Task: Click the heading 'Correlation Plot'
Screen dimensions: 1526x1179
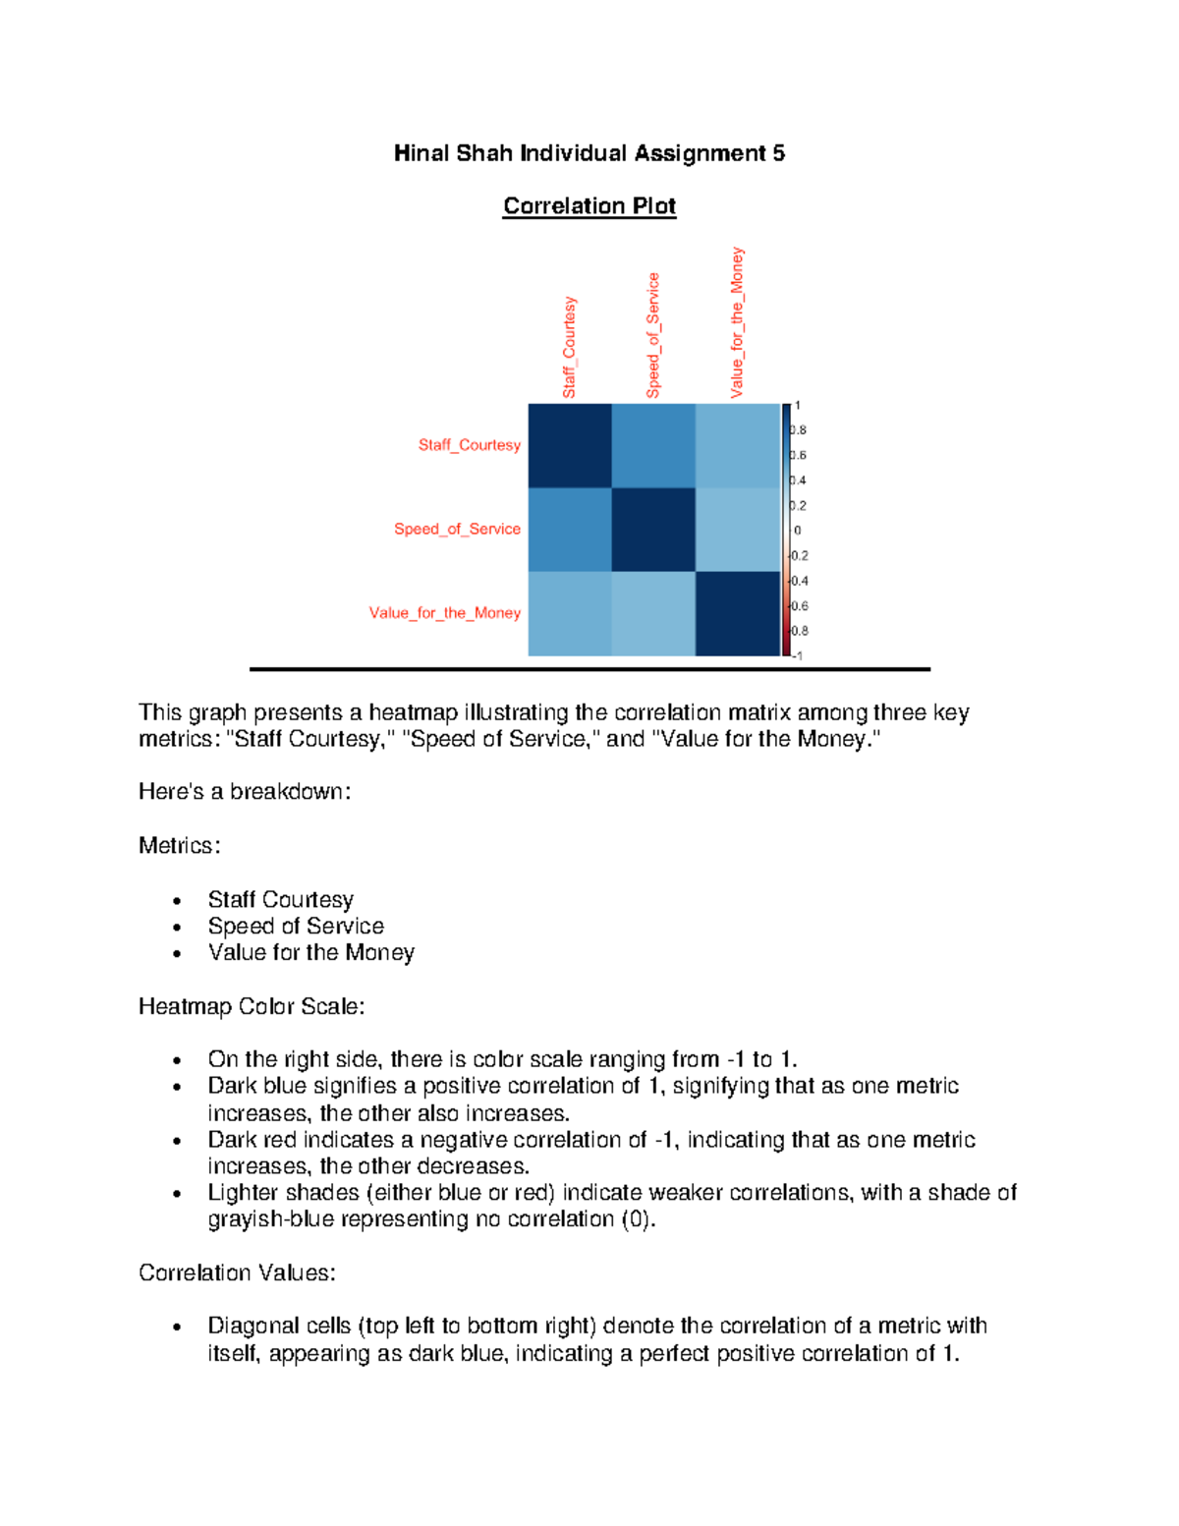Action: click(x=589, y=206)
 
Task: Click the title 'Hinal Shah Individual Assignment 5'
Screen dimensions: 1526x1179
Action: click(x=589, y=153)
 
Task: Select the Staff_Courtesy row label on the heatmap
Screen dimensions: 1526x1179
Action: click(x=469, y=445)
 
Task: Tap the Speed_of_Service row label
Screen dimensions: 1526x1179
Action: click(x=457, y=529)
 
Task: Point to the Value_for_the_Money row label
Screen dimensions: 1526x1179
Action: click(x=444, y=613)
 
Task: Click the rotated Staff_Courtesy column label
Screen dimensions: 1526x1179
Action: click(x=569, y=348)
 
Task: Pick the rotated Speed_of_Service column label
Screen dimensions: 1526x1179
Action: click(x=653, y=336)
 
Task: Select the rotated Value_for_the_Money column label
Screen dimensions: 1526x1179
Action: click(x=737, y=323)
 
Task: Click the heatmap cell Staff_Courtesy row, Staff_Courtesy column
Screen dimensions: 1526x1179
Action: click(x=570, y=445)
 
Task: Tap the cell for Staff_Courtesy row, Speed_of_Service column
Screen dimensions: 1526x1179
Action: click(x=653, y=445)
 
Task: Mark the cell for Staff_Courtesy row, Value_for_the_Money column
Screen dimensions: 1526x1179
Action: click(x=737, y=445)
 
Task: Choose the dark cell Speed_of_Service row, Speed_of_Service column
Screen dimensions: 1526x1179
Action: click(x=653, y=530)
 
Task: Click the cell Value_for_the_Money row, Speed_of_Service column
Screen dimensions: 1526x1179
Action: click(x=653, y=613)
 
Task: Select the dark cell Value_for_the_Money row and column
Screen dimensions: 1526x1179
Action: click(x=737, y=613)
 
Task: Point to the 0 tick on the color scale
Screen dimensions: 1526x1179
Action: click(x=797, y=531)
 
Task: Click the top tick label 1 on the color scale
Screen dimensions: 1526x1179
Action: click(x=797, y=406)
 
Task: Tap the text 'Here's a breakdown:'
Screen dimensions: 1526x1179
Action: click(x=245, y=792)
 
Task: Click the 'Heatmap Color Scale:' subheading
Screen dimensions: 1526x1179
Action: click(x=252, y=1006)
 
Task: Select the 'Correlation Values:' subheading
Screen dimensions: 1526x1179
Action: click(x=237, y=1273)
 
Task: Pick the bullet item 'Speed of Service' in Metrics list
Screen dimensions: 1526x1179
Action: click(x=296, y=927)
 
